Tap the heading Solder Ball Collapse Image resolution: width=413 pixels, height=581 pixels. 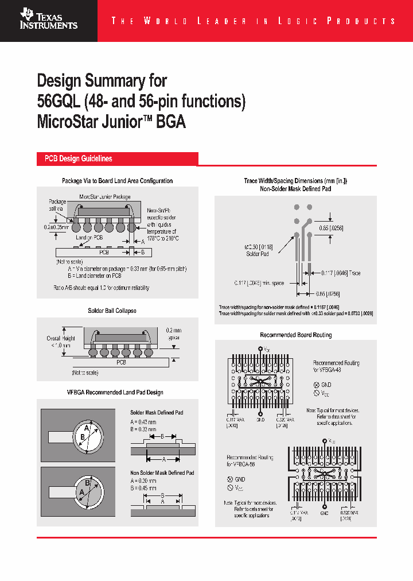112,311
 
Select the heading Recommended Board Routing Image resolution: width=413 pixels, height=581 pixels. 295,335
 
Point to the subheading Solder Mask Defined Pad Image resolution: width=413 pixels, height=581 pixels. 157,413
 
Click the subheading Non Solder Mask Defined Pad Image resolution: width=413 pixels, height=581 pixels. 162,472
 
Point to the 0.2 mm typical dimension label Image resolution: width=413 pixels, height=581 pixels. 172,334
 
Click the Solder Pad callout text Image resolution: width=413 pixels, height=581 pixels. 256,253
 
